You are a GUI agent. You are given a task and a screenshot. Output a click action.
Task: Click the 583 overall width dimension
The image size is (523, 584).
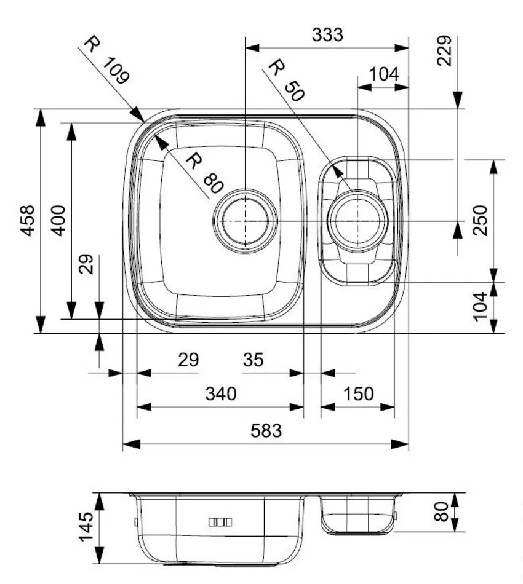(266, 431)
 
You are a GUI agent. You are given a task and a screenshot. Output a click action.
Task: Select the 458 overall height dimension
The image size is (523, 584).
(28, 220)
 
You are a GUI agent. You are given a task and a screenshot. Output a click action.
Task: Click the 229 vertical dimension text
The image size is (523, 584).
(445, 50)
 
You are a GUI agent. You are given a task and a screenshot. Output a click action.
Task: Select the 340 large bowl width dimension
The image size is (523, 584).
(220, 393)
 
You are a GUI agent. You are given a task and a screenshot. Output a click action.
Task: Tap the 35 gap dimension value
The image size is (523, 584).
(253, 360)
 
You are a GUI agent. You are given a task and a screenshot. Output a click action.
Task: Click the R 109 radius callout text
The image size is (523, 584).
(106, 60)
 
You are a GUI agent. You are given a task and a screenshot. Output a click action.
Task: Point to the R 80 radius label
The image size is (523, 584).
(202, 173)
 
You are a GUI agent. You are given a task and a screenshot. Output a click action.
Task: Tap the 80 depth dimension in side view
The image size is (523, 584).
(441, 511)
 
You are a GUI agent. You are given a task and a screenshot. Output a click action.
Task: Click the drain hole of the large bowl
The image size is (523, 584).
(245, 220)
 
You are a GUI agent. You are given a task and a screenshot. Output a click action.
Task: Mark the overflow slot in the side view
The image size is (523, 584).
(220, 522)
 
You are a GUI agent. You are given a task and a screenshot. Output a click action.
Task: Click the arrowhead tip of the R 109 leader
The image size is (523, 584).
(144, 121)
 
